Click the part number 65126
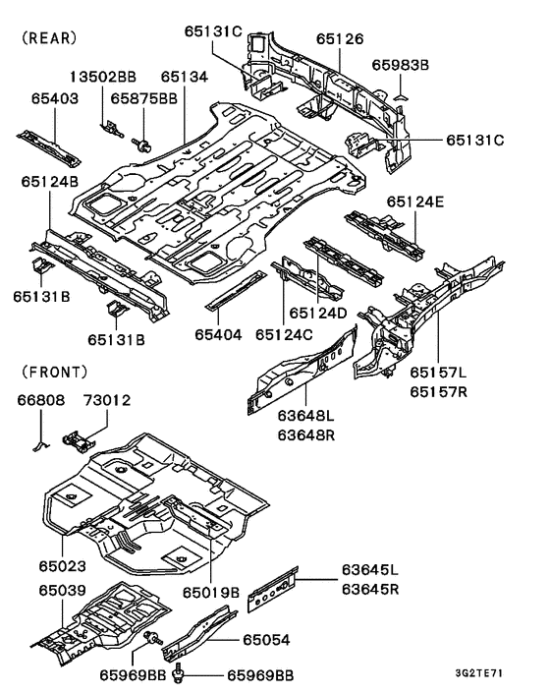click(340, 38)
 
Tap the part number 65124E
click(414, 201)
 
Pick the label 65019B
click(210, 592)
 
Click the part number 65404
click(217, 335)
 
